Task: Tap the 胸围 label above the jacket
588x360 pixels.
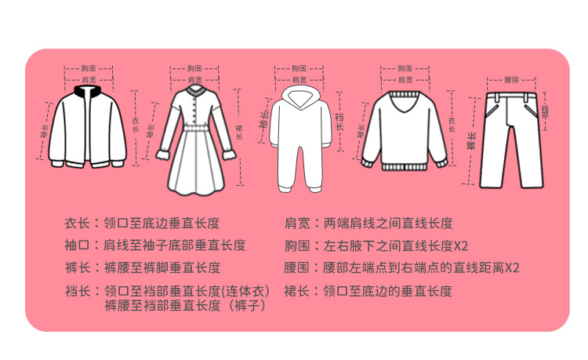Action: (88, 69)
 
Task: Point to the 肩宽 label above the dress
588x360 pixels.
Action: (195, 80)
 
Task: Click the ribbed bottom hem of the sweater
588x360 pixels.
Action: (404, 167)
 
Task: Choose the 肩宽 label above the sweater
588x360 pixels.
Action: (405, 80)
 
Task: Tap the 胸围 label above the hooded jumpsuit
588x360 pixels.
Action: (298, 69)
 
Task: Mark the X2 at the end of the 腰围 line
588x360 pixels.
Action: (511, 268)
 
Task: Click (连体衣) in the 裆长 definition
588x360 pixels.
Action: (248, 292)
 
